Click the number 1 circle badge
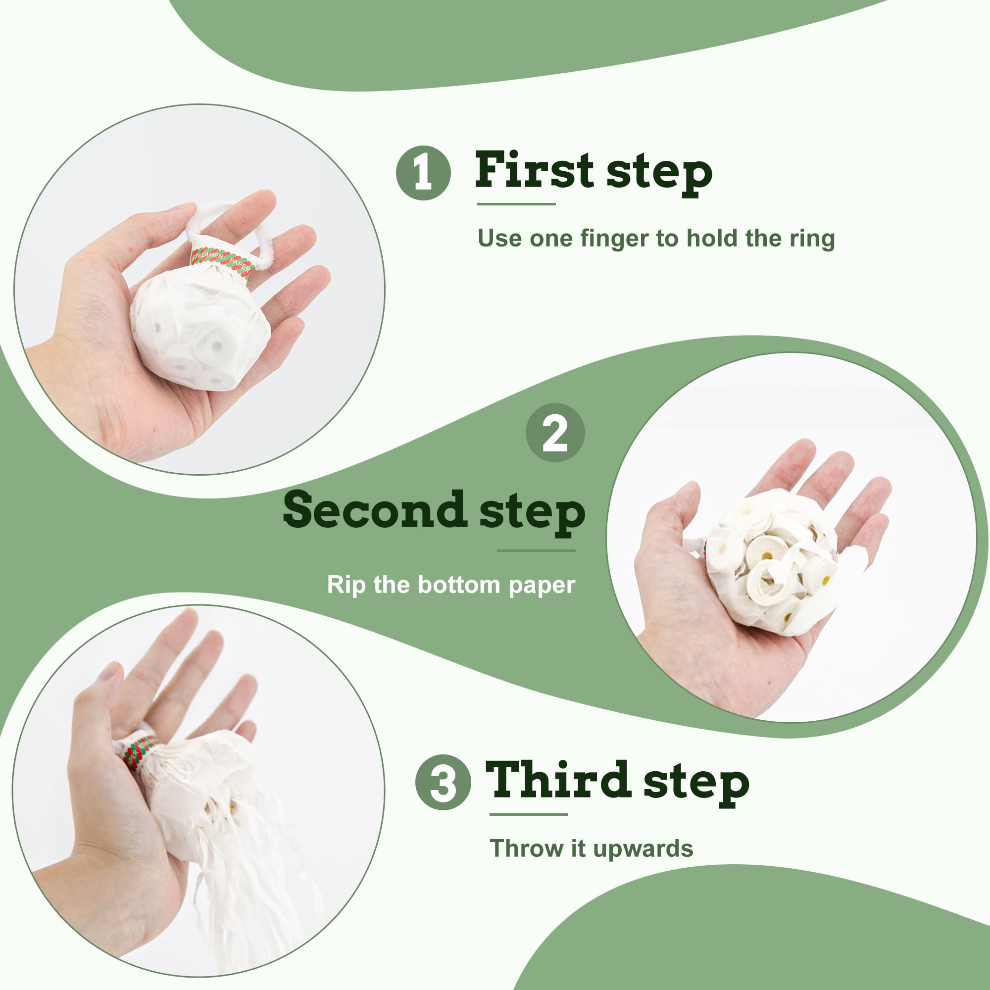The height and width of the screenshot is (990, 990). (423, 173)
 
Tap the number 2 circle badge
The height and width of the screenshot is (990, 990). (555, 433)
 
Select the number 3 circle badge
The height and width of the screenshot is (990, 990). (443, 783)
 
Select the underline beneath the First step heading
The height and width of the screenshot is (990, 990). (516, 204)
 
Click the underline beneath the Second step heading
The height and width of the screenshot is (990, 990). (536, 551)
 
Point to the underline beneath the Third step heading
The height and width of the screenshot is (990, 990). (529, 814)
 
